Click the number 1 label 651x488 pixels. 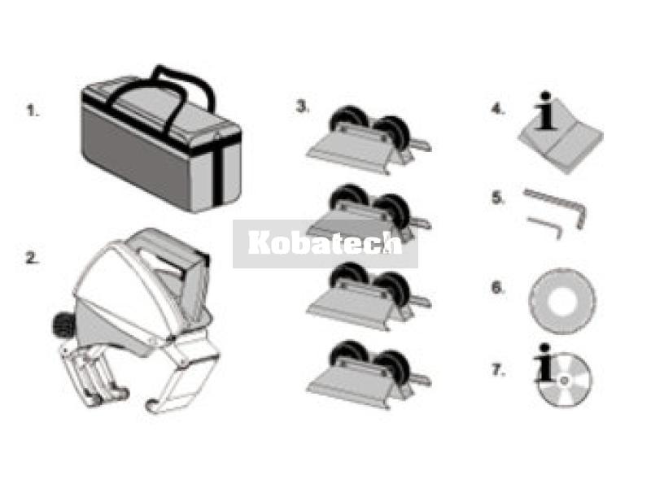pyautogui.click(x=33, y=111)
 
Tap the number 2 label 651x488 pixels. pyautogui.click(x=33, y=258)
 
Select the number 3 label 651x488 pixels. pyautogui.click(x=303, y=107)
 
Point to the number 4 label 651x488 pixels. pyautogui.click(x=498, y=109)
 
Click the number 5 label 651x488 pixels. pyautogui.click(x=498, y=198)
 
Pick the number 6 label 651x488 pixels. pyautogui.click(x=498, y=287)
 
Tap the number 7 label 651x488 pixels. pyautogui.click(x=499, y=369)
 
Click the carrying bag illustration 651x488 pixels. pyautogui.click(x=161, y=139)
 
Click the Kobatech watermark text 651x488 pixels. pyautogui.click(x=325, y=242)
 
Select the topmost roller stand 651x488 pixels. pyautogui.click(x=369, y=140)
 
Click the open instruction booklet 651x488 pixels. pyautogui.click(x=561, y=143)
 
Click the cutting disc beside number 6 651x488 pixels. pyautogui.click(x=562, y=301)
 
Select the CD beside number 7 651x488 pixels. pyautogui.click(x=566, y=380)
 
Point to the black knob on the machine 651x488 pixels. pyautogui.click(x=62, y=325)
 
